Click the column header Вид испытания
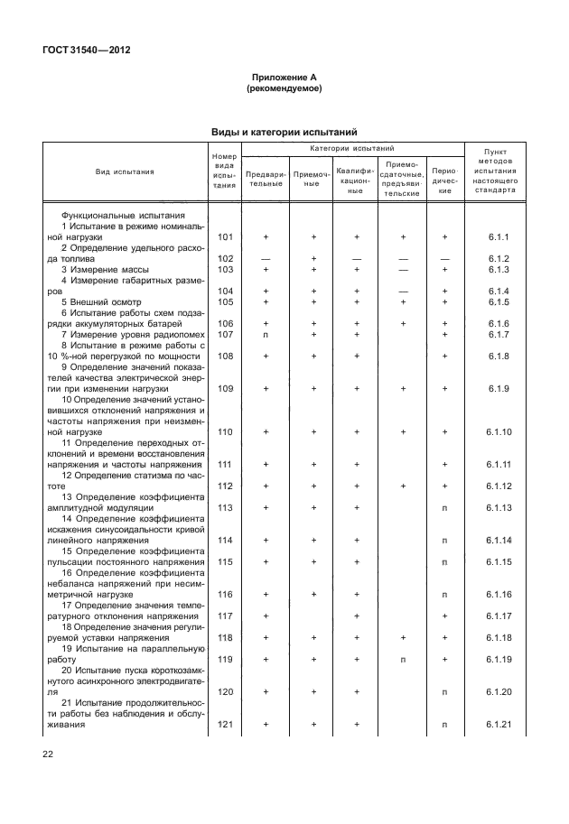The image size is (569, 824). click(126, 171)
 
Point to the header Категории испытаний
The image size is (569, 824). click(352, 148)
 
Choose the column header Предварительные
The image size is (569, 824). click(266, 177)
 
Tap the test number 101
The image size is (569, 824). click(225, 236)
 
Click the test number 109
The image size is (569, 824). click(225, 388)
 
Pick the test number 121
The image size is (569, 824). click(225, 724)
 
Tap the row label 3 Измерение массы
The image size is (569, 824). click(104, 269)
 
